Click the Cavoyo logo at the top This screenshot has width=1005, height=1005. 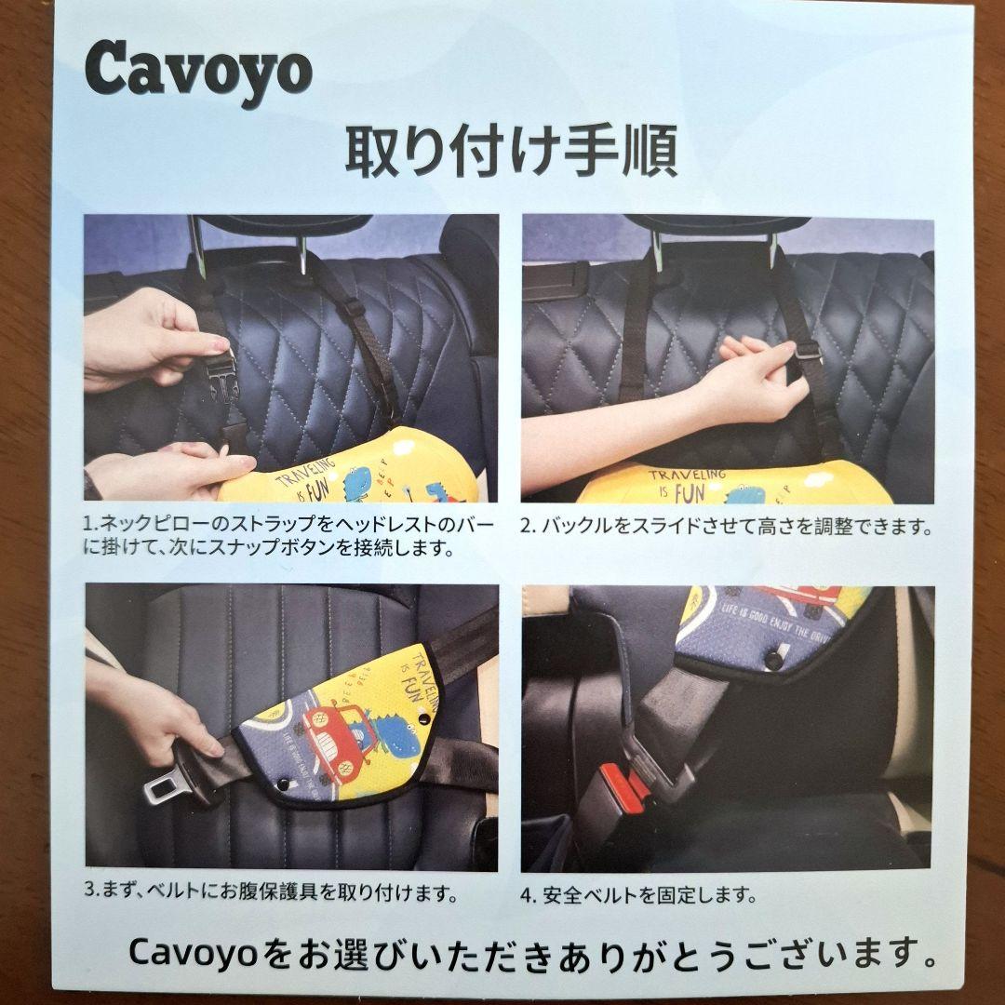pyautogui.click(x=199, y=72)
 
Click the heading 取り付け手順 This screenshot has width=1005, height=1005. pyautogui.click(x=512, y=152)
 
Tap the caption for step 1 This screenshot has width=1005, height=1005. pyautogui.click(x=288, y=537)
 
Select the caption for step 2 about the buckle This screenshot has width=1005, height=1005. pyautogui.click(x=726, y=527)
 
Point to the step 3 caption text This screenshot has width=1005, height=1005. pyautogui.click(x=271, y=891)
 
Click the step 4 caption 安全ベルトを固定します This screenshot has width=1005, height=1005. pyautogui.click(x=638, y=895)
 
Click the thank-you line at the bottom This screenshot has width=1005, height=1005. pyautogui.click(x=533, y=954)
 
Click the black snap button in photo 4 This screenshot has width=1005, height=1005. pyautogui.click(x=775, y=660)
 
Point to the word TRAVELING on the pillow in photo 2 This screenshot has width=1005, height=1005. pyautogui.click(x=687, y=476)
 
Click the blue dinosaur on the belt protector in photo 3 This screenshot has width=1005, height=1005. pyautogui.click(x=395, y=735)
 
